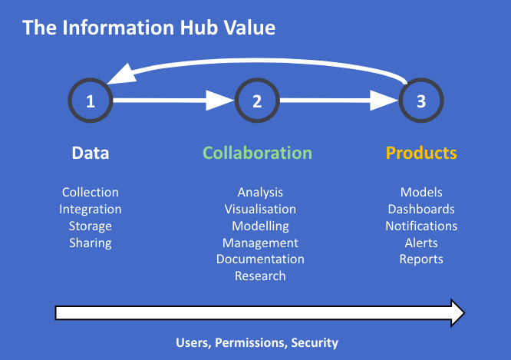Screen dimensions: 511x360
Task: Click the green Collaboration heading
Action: pyautogui.click(x=258, y=153)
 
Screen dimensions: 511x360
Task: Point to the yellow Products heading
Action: pyautogui.click(x=421, y=153)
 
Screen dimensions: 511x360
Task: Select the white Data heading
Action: pyautogui.click(x=91, y=153)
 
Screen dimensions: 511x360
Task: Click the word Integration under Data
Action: pyautogui.click(x=91, y=210)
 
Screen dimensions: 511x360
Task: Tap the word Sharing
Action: pyautogui.click(x=91, y=243)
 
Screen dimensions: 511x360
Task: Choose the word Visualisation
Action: pyautogui.click(x=260, y=209)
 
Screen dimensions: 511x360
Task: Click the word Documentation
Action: pyautogui.click(x=260, y=259)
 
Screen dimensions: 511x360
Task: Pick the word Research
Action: pyautogui.click(x=260, y=276)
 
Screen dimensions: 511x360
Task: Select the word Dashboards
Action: pyautogui.click(x=421, y=209)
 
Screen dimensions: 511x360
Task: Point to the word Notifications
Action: pyautogui.click(x=421, y=226)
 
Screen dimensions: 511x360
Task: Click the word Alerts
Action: pyautogui.click(x=421, y=243)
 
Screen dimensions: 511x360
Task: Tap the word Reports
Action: pyautogui.click(x=421, y=259)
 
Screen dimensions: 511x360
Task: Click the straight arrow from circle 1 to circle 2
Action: pyautogui.click(x=173, y=101)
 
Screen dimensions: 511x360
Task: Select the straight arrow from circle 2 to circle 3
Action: pyautogui.click(x=339, y=101)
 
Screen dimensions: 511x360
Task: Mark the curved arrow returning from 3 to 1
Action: pyautogui.click(x=258, y=61)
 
